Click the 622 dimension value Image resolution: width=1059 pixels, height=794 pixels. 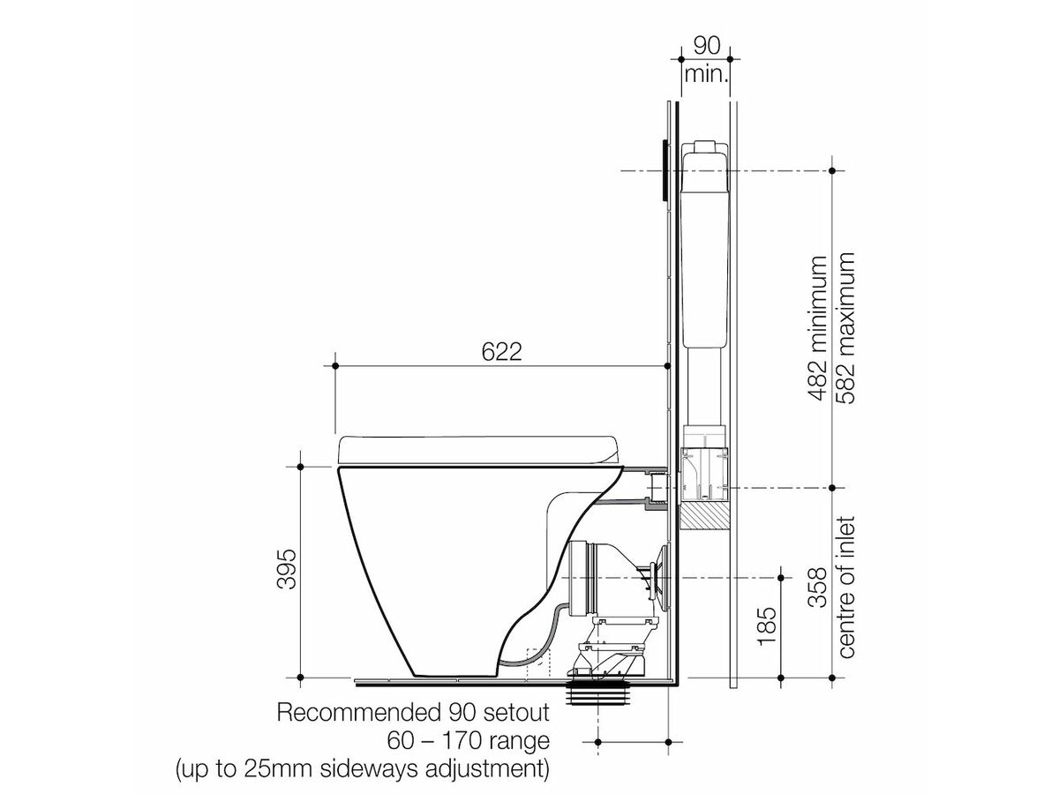(501, 351)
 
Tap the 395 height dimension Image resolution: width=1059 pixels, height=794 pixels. (286, 569)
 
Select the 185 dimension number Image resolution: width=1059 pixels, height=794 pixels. (767, 625)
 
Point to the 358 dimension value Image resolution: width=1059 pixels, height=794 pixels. (818, 588)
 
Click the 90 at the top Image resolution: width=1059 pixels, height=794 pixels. (707, 45)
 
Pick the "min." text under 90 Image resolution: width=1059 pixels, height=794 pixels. (706, 74)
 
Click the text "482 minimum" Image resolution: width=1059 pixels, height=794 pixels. (818, 329)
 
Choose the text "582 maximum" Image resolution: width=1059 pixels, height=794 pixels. (845, 328)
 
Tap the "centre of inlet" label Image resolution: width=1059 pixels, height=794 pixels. (846, 587)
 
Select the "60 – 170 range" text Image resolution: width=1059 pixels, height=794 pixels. (468, 741)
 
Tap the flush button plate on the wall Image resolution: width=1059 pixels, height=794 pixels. (665, 170)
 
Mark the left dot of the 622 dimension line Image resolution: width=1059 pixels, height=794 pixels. (335, 366)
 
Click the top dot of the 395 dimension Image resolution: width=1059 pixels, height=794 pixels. (300, 467)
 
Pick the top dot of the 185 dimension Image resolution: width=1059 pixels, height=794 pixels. (781, 578)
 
